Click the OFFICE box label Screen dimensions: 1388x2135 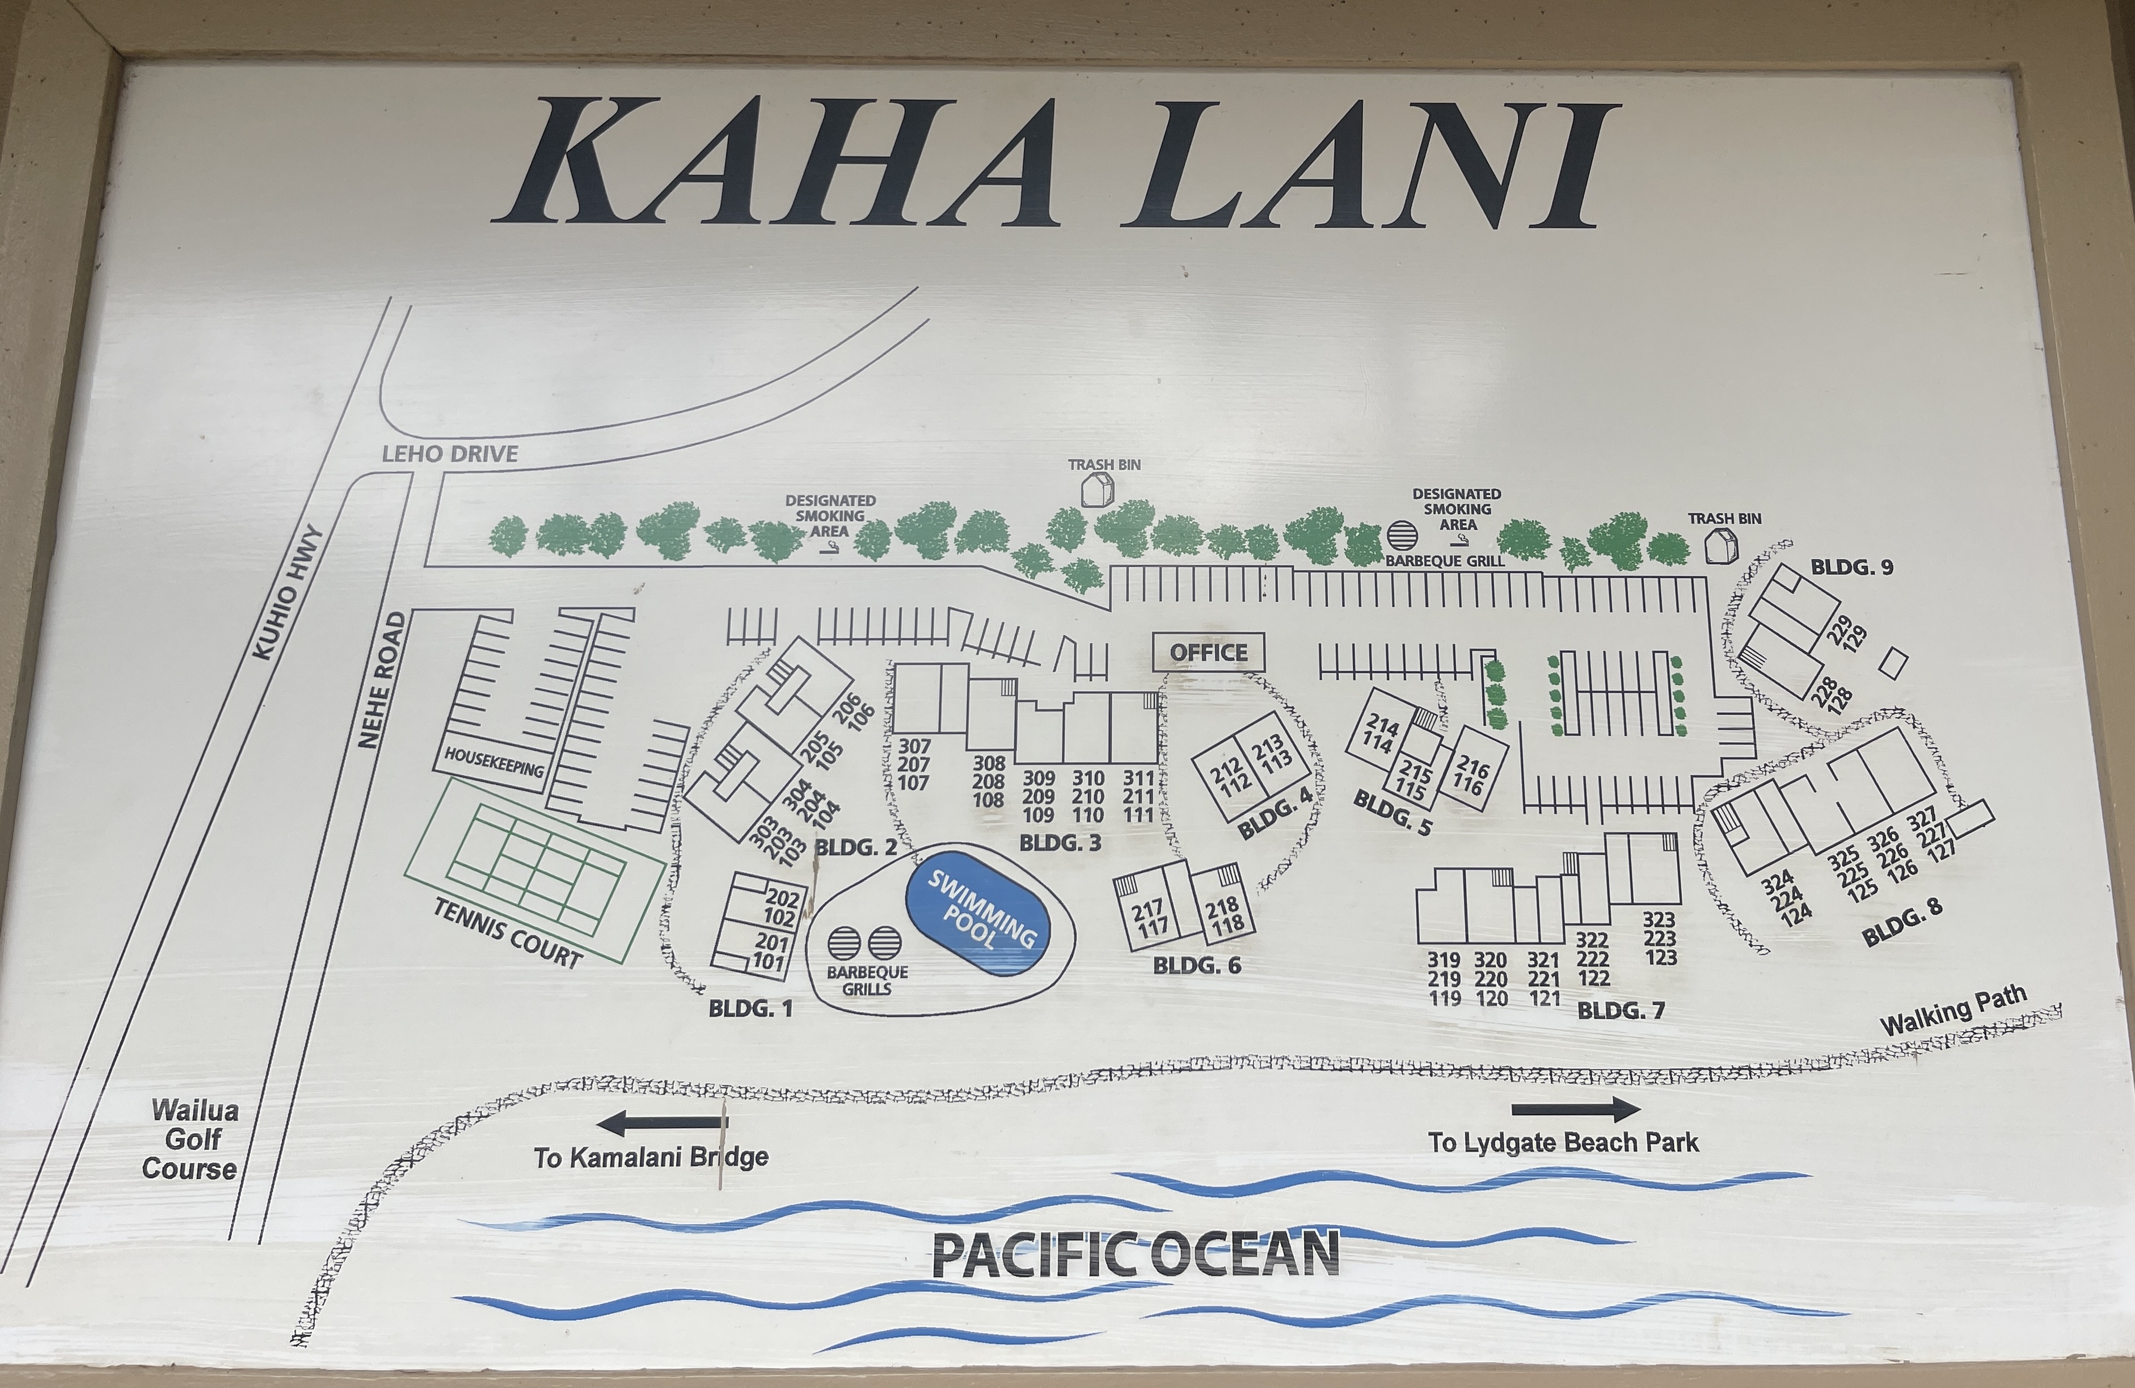pos(1208,652)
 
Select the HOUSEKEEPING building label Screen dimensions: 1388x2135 pos(493,763)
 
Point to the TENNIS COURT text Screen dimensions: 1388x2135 pos(508,933)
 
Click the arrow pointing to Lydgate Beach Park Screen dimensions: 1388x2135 pos(1575,1110)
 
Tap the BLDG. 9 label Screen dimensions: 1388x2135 pos(1851,567)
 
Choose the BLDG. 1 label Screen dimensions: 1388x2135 pos(750,1008)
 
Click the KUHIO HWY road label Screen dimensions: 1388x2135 pos(287,592)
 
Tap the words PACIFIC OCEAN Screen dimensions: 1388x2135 pos(1136,1254)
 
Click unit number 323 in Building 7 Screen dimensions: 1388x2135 pos(1659,920)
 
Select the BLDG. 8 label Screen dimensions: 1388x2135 pos(1902,920)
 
